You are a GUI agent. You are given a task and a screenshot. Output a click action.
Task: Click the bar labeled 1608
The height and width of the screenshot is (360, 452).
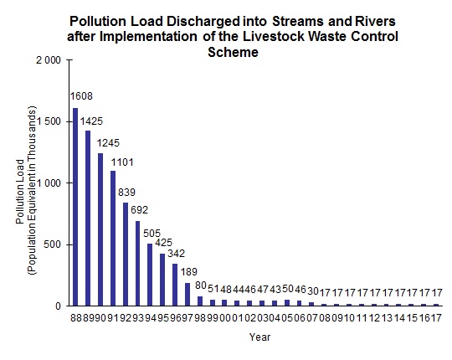point(75,207)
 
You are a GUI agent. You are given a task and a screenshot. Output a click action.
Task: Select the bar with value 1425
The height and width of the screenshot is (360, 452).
point(88,218)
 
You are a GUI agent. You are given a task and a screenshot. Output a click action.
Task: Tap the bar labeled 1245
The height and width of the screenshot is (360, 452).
point(100,229)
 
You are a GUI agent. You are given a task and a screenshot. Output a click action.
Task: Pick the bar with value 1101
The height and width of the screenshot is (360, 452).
point(113,238)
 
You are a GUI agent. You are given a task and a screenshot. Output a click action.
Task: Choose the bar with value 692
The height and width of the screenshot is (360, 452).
point(138,263)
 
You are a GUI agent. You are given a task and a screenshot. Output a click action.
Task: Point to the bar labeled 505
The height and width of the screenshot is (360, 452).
point(151,275)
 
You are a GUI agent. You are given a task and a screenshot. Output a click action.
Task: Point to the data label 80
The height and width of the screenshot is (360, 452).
point(200,286)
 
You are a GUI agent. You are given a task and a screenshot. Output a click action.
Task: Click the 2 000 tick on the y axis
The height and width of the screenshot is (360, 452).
point(48,60)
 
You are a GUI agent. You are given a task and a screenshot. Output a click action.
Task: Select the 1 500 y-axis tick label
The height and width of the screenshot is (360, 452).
point(48,121)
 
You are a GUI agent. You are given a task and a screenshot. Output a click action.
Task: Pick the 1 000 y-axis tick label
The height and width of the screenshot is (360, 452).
point(48,183)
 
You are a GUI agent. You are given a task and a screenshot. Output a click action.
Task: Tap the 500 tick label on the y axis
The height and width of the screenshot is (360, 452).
point(53,244)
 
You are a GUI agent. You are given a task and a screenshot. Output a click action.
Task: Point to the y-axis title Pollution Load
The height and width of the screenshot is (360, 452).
point(19,183)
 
